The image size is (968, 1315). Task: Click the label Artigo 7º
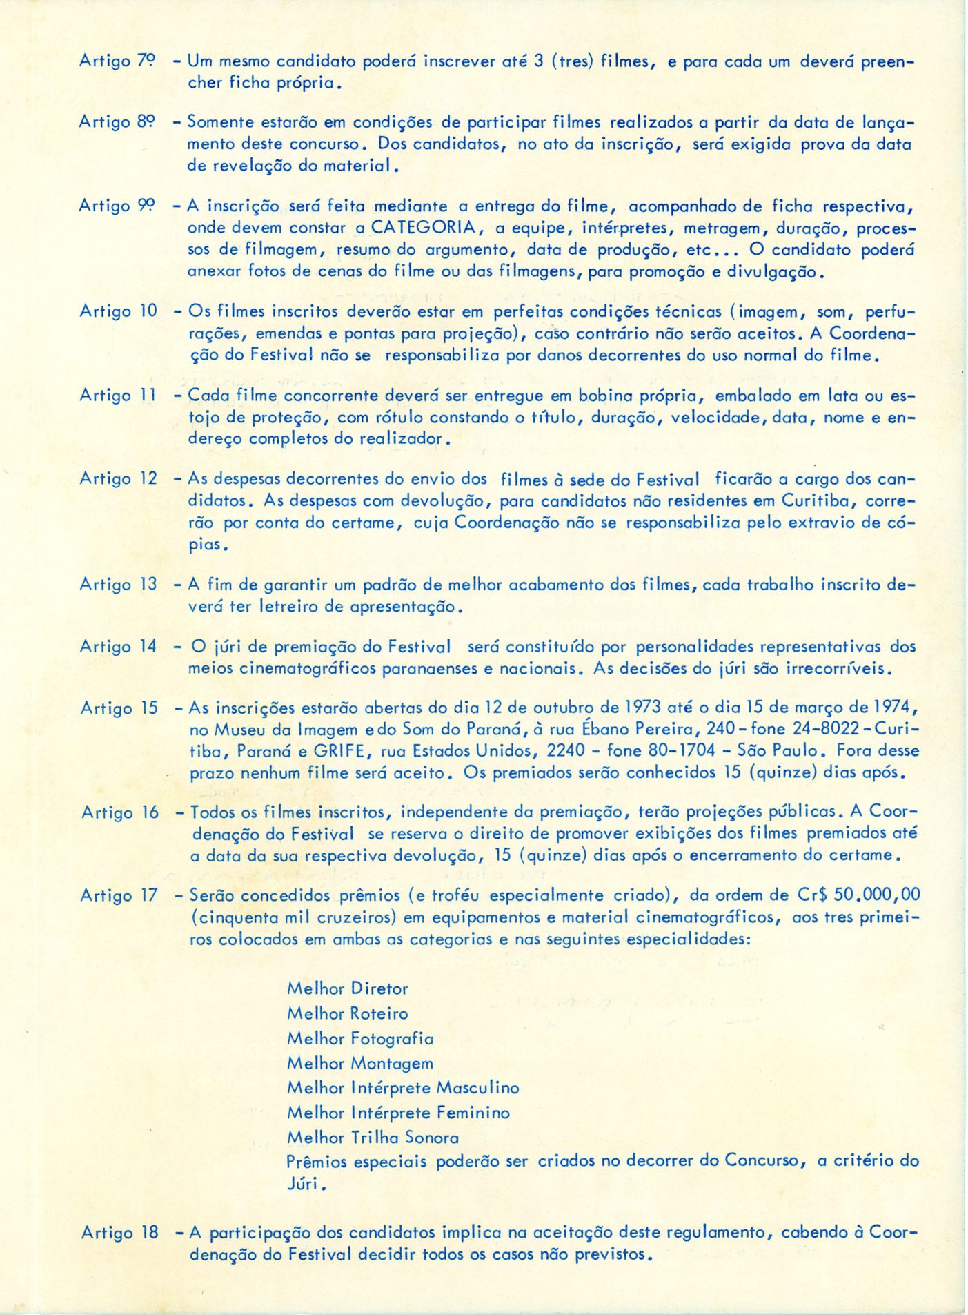tap(117, 61)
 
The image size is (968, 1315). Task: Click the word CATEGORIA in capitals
tap(423, 227)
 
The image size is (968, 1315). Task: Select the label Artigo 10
tap(118, 311)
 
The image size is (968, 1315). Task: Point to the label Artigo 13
tap(118, 584)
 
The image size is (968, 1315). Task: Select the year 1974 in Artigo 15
tap(894, 708)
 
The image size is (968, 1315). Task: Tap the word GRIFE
tap(344, 750)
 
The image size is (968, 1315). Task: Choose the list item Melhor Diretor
tap(347, 988)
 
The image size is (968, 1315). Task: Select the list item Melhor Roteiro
tap(347, 1013)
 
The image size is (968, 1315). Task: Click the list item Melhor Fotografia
tap(359, 1038)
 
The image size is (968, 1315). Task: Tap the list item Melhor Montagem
tap(359, 1063)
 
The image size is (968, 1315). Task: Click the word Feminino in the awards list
tap(473, 1113)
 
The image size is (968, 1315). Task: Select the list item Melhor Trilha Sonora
tap(373, 1137)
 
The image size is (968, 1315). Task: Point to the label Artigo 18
tap(119, 1232)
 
